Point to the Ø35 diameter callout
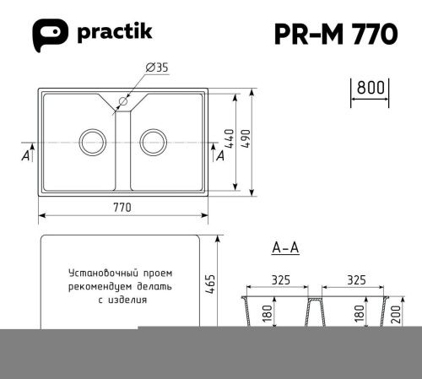(155, 68)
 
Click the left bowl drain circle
(90, 140)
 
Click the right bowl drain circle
(155, 140)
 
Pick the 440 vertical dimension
(227, 137)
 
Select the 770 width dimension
(124, 209)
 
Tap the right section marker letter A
(220, 155)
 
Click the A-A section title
(286, 247)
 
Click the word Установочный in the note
(100, 273)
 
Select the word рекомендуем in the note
(104, 286)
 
